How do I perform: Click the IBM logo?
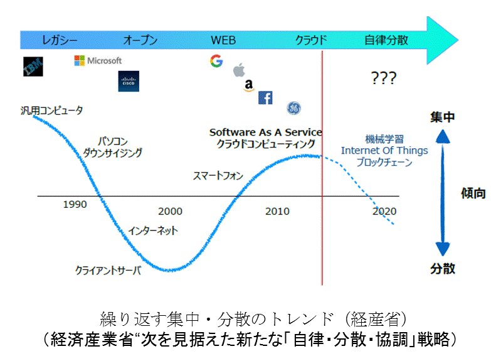33,67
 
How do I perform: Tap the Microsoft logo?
98,61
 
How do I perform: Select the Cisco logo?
129,81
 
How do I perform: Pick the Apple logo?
238,70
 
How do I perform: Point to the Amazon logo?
249,85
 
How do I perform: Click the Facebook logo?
265,98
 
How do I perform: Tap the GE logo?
293,108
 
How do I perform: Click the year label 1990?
75,204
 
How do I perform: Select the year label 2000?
171,212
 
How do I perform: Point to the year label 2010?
277,212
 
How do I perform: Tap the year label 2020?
384,212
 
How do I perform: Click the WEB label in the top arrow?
223,41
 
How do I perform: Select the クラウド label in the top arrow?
312,41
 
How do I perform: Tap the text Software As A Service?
265,132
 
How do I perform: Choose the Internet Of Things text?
384,151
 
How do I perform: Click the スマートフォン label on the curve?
218,176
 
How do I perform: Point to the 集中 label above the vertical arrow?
443,117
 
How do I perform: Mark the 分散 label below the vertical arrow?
443,269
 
